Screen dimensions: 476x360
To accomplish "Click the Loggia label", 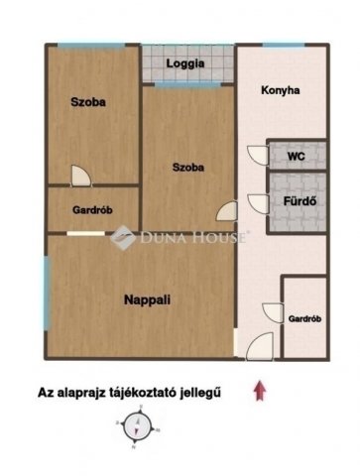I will [x=186, y=63].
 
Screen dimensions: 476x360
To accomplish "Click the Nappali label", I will [x=145, y=298].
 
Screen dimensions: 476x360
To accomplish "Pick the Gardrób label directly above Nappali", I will [x=92, y=210].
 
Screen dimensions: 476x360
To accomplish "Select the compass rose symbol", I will [x=134, y=428].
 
